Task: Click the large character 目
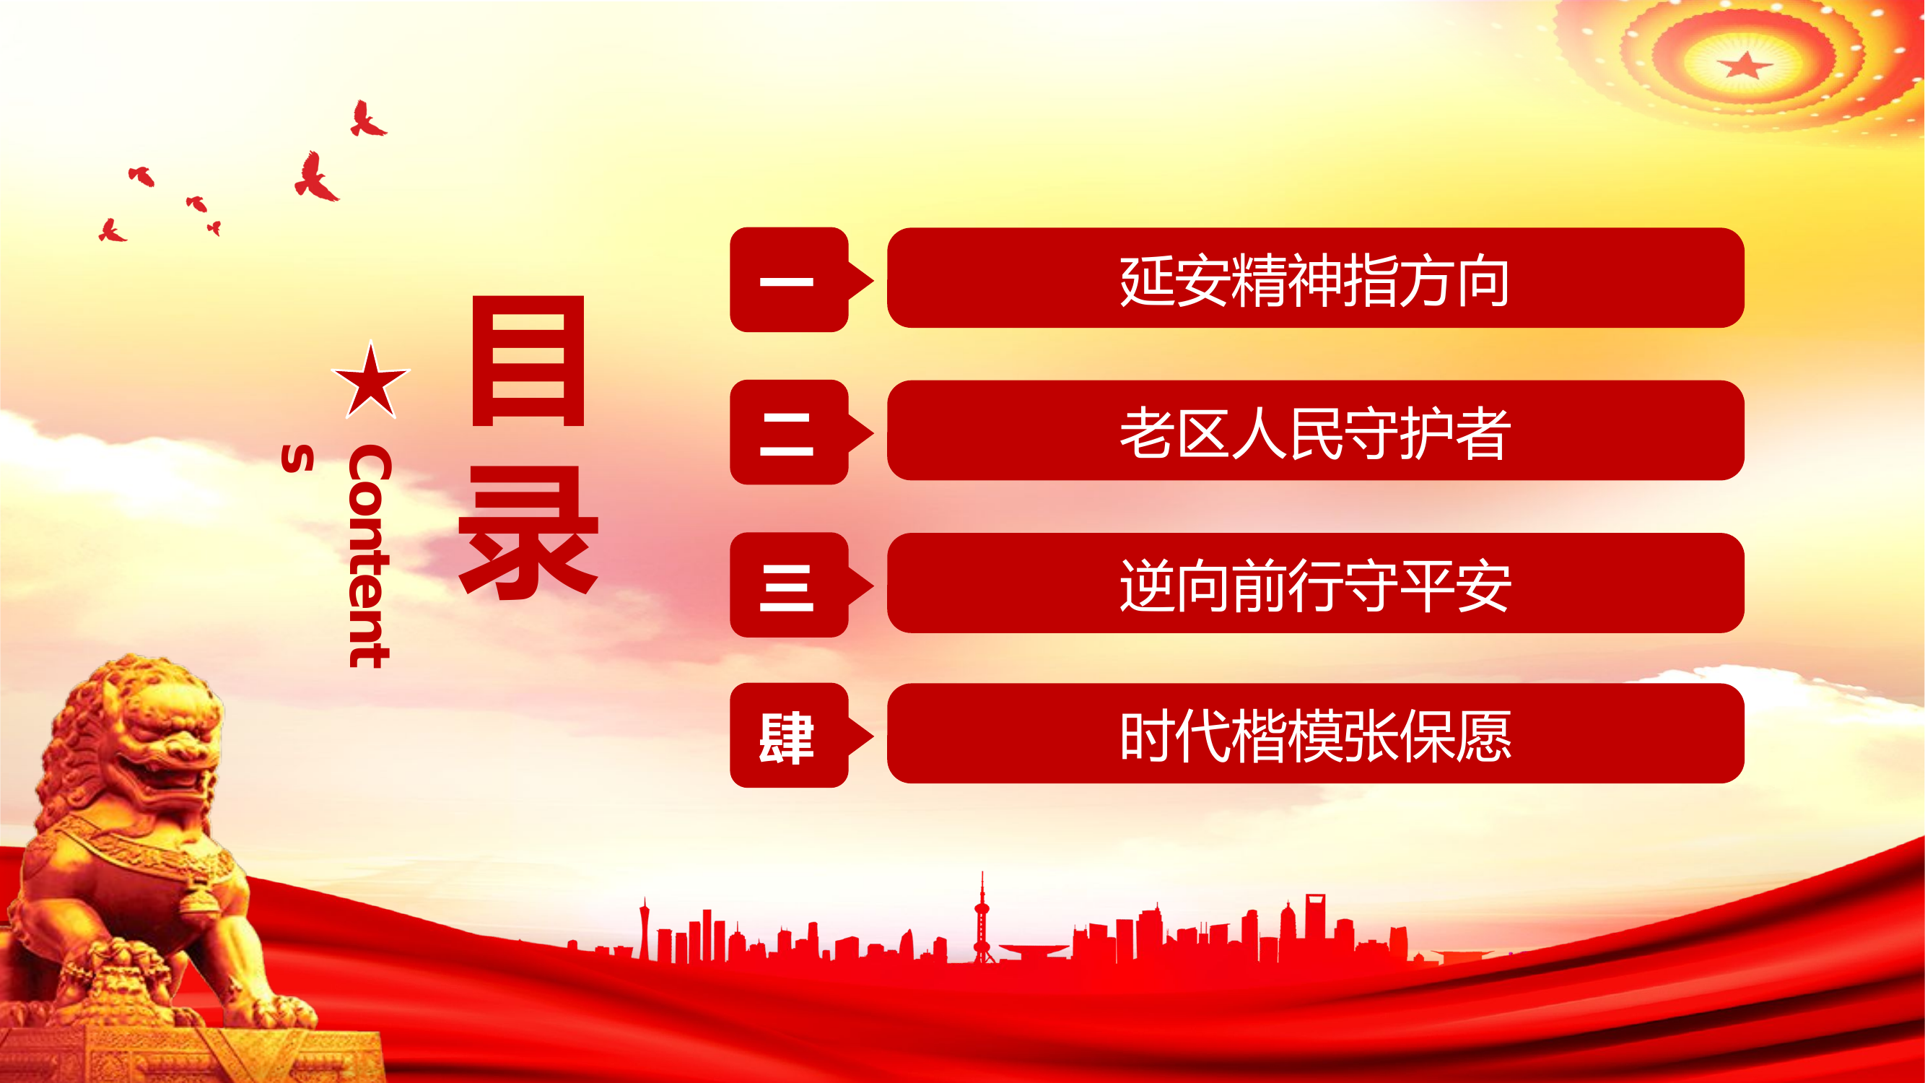(528, 361)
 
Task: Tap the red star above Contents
(371, 382)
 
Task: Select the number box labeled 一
(789, 280)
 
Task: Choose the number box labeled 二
(789, 432)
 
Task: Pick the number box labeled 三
(789, 586)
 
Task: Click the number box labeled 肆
(789, 736)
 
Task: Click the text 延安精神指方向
(1314, 280)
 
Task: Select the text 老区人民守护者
(1314, 432)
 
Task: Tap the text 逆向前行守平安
(1314, 586)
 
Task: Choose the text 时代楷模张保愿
(1314, 736)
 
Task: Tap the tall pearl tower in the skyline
(982, 919)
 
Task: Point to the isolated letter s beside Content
(297, 458)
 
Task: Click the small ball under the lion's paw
(120, 964)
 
